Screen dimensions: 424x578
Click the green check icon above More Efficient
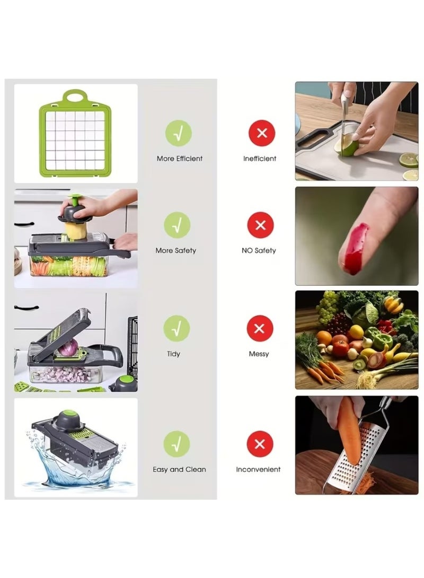pos(178,133)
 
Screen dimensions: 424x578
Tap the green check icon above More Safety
pos(177,225)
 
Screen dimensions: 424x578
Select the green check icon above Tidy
pos(176,328)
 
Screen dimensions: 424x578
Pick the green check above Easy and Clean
pos(176,444)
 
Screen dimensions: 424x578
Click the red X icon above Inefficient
pos(262,133)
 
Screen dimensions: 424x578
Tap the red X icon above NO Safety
pos(260,225)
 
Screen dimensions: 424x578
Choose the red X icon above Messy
pos(259,328)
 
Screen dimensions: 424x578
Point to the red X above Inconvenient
pos(260,444)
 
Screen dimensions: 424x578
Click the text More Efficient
pos(179,159)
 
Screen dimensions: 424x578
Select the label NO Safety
pos(259,250)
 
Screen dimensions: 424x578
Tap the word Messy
pos(259,354)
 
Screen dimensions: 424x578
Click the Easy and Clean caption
pos(179,469)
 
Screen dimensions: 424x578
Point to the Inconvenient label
pos(258,469)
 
